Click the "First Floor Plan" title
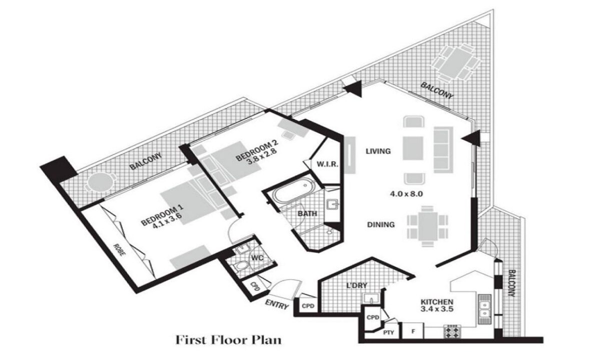[228, 340]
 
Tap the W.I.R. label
[327, 164]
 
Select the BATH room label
[307, 213]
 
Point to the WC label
[257, 257]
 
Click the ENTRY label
[277, 304]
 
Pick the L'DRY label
[356, 285]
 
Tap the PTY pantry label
[388, 332]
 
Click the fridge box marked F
[413, 331]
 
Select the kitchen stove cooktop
[452, 331]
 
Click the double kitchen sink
[484, 309]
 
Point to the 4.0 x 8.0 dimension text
[406, 194]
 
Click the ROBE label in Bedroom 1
[119, 249]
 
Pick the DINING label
[381, 224]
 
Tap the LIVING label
[378, 151]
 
